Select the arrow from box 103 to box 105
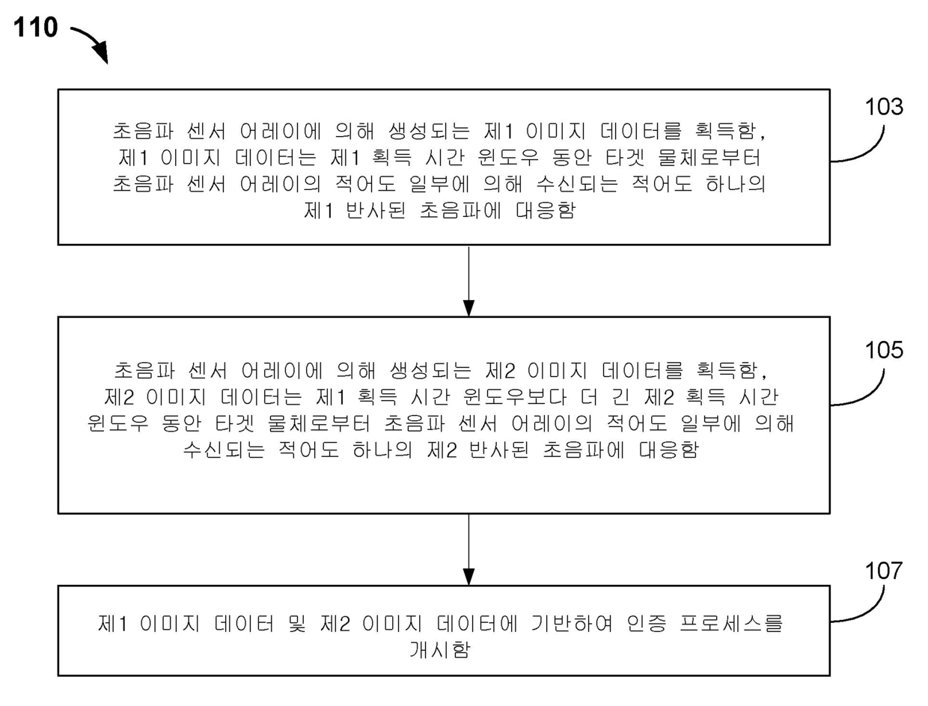pos(468,280)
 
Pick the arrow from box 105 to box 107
pos(468,549)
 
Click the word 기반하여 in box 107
pos(553,624)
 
